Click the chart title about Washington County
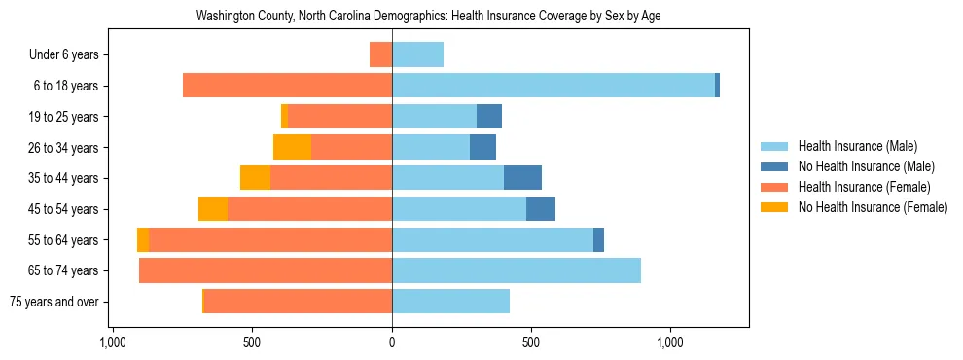[x=429, y=17]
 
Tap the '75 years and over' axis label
[x=53, y=302]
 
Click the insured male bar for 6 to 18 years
[x=553, y=86]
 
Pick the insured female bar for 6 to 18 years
[x=287, y=86]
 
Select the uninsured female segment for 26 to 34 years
[x=292, y=147]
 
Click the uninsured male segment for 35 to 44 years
[x=522, y=178]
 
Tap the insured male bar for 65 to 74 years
[x=516, y=270]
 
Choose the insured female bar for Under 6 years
[x=380, y=54]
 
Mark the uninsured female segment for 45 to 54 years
[x=213, y=209]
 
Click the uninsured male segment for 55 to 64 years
[x=598, y=239]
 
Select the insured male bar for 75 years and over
[x=450, y=302]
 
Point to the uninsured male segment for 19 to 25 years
[x=489, y=117]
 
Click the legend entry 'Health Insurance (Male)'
[x=857, y=146]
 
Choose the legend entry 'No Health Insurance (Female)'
[x=872, y=207]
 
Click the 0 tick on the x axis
[x=392, y=342]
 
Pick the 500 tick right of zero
[x=531, y=342]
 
